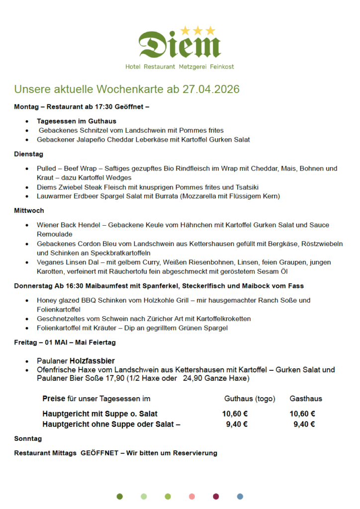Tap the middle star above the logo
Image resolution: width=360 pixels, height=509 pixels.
[198, 31]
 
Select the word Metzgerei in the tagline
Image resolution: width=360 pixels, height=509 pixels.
[193, 67]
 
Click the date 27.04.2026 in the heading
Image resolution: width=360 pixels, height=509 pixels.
[211, 89]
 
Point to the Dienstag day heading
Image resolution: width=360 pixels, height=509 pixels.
[28, 154]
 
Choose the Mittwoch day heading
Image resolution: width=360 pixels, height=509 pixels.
[29, 211]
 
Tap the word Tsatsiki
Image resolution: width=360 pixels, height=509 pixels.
[245, 187]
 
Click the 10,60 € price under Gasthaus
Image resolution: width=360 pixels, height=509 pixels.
[302, 414]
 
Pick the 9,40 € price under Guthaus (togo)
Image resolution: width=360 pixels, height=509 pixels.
[237, 424]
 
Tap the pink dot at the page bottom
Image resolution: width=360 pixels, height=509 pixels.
[191, 496]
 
